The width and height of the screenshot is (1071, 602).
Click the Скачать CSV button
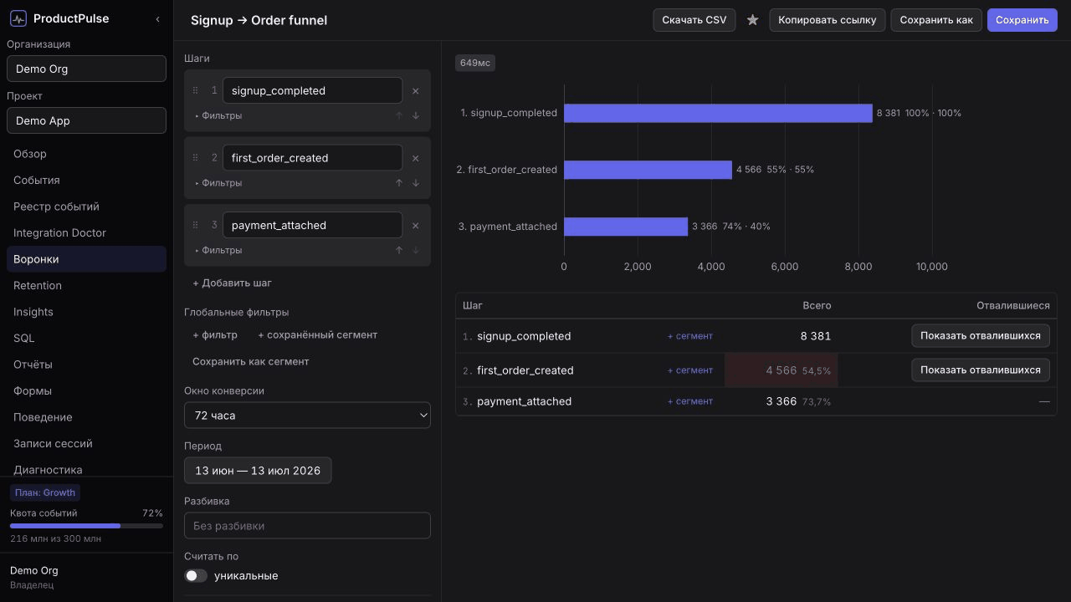[694, 20]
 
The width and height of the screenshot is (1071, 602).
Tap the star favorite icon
[752, 20]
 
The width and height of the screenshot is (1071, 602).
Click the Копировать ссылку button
[828, 20]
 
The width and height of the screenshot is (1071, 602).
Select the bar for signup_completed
[718, 113]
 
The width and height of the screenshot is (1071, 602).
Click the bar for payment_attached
[626, 227]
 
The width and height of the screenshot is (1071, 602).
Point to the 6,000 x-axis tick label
[785, 267]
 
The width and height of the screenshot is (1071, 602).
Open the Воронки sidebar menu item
[86, 259]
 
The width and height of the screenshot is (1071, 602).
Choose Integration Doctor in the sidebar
[59, 232]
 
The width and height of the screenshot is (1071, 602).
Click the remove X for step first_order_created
[416, 158]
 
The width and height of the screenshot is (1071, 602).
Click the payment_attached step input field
[312, 225]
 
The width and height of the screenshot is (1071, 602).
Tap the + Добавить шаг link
[232, 283]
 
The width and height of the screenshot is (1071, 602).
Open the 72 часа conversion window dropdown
[307, 416]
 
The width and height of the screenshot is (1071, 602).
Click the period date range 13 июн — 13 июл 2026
[258, 471]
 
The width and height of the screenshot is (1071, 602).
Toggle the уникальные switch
[196, 576]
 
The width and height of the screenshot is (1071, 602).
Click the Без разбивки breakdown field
[307, 526]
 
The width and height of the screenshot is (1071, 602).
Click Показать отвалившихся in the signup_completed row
[980, 336]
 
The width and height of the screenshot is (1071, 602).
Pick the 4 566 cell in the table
[781, 370]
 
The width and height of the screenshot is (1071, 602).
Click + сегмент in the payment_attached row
[690, 401]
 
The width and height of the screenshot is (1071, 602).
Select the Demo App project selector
[86, 120]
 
